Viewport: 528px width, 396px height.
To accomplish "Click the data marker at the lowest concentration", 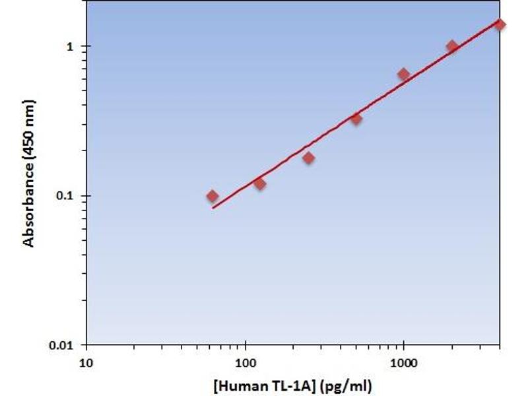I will [x=212, y=195].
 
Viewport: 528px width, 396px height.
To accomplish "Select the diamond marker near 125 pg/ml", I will [x=259, y=183].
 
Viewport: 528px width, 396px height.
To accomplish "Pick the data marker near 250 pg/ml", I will [x=308, y=158].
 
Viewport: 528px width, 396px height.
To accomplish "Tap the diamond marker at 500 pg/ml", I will [x=356, y=119].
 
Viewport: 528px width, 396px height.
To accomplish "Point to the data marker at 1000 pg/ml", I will [x=403, y=74].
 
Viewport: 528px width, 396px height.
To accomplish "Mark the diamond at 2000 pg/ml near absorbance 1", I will [x=452, y=46].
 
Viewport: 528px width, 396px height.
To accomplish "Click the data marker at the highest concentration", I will [x=500, y=24].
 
